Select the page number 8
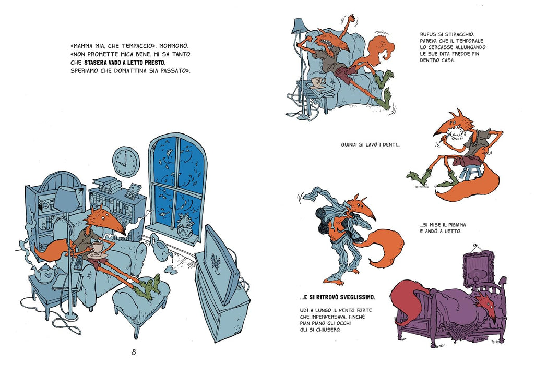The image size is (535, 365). click(134, 352)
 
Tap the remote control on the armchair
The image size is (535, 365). click(78, 263)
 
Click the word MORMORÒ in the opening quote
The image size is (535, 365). click(174, 46)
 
